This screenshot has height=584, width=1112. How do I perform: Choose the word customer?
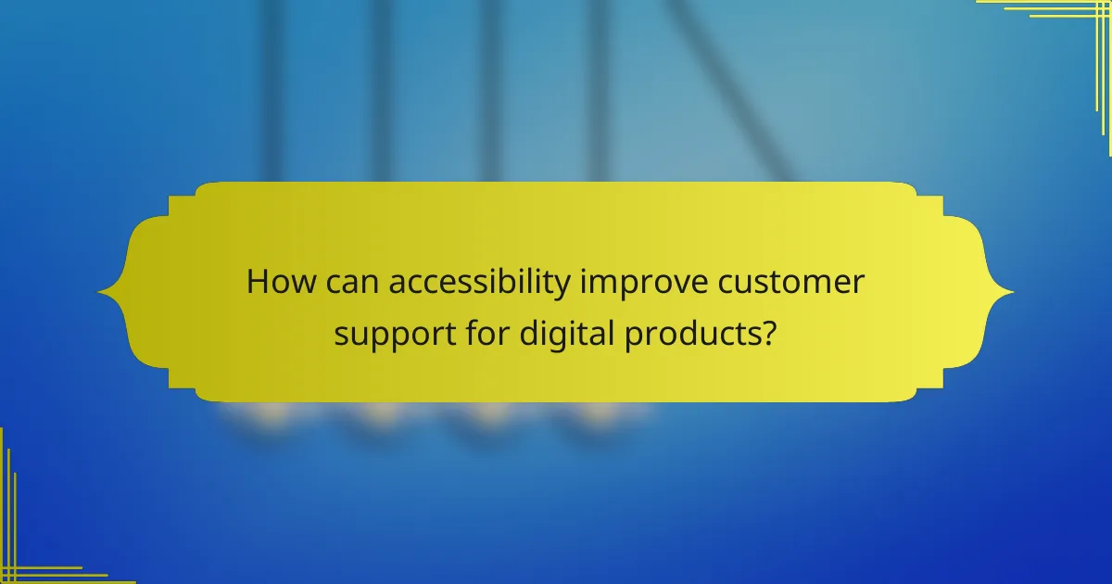790,283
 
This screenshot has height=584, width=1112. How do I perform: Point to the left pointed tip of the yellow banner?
100,293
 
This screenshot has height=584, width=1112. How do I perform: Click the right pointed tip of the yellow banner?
1012,293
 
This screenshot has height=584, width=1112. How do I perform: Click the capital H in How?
257,283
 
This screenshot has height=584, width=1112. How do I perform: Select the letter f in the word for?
469,331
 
